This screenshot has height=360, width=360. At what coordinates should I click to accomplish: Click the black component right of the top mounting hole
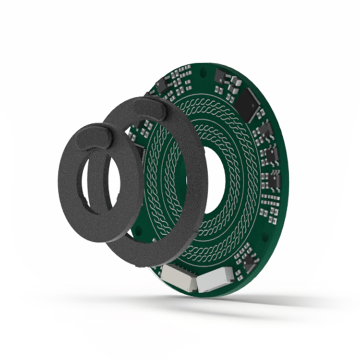click(222, 76)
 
